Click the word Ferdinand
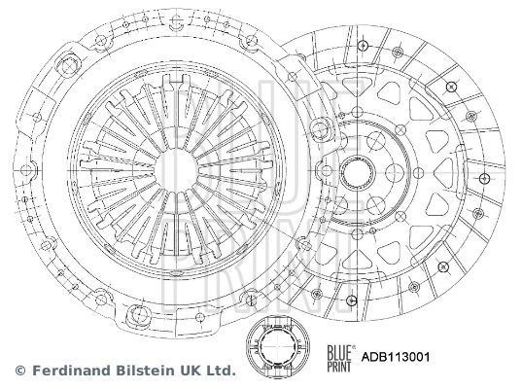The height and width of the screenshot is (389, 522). (x=67, y=371)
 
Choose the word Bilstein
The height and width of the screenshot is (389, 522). (x=137, y=371)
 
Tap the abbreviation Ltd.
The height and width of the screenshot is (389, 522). (x=216, y=371)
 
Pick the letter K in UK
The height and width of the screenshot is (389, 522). (x=189, y=371)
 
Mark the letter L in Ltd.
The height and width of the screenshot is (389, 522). (x=206, y=371)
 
